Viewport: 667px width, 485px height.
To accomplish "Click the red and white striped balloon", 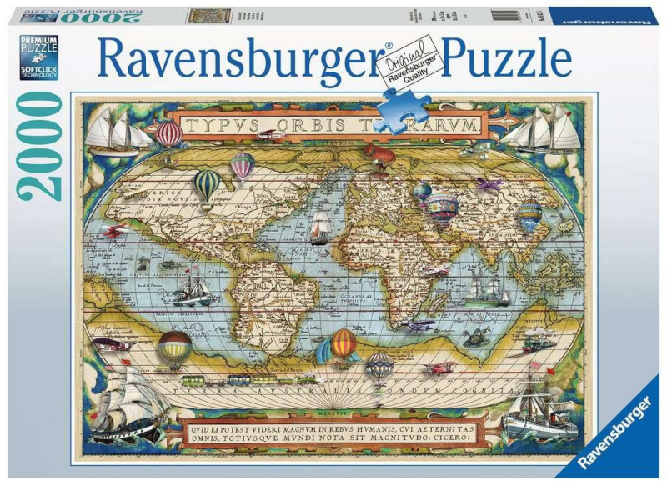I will pos(169,133).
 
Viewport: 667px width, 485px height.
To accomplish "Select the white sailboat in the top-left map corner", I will pos(114,132).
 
